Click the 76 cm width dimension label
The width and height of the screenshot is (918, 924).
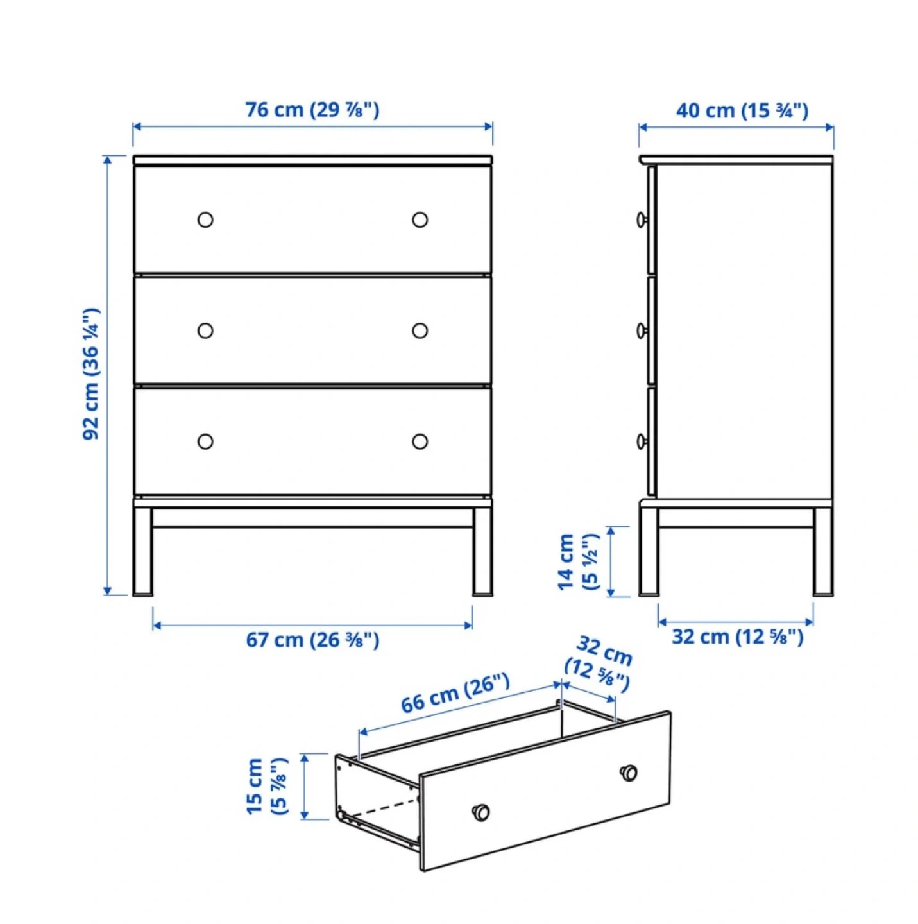(312, 110)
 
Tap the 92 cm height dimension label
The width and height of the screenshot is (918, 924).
(91, 373)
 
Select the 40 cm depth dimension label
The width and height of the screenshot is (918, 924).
(742, 111)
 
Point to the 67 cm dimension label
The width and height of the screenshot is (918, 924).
(312, 640)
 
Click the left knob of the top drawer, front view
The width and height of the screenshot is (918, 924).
(205, 219)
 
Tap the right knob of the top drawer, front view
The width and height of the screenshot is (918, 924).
(420, 219)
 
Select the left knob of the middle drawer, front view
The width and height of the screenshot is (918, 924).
(205, 330)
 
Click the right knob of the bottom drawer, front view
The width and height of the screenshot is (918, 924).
(420, 441)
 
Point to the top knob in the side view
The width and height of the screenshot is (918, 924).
(642, 219)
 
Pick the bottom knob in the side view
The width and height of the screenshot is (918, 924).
(642, 441)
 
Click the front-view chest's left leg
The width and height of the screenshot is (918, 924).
(142, 552)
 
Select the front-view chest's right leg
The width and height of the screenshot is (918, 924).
(482, 552)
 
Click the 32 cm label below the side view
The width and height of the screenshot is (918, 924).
(737, 637)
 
